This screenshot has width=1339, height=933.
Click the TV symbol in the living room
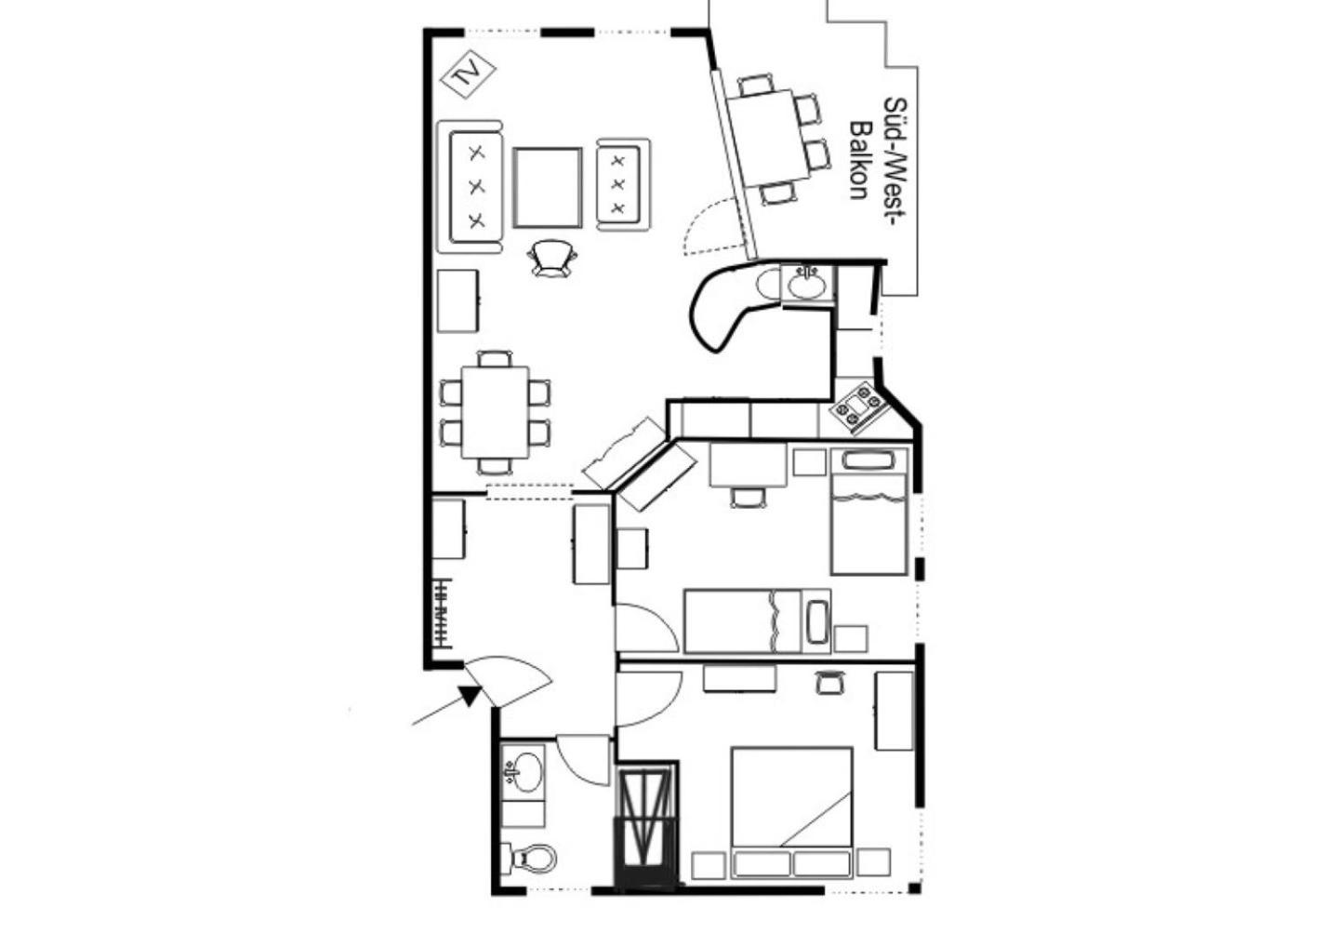pyautogui.click(x=468, y=75)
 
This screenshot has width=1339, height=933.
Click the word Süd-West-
pyautogui.click(x=894, y=162)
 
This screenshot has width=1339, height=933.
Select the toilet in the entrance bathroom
pyautogui.click(x=528, y=859)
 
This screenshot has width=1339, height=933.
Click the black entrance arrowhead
pyautogui.click(x=471, y=695)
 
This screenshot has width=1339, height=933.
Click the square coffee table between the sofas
pyautogui.click(x=547, y=188)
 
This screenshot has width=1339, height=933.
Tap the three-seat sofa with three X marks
pyautogui.click(x=470, y=187)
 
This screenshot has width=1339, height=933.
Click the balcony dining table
pyautogui.click(x=767, y=139)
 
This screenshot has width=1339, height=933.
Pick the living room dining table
pyautogui.click(x=496, y=412)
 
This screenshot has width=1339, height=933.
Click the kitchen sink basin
pyautogui.click(x=807, y=283)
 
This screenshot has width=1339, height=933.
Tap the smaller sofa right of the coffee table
pyautogui.click(x=623, y=185)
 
